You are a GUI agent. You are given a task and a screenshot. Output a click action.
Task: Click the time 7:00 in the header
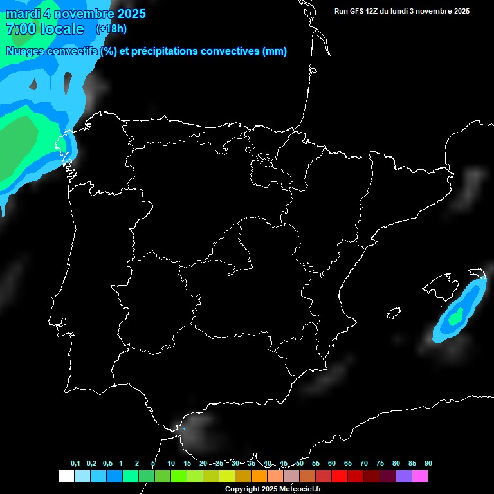pyautogui.click(x=19, y=29)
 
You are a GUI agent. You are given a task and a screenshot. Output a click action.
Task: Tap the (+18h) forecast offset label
pyautogui.click(x=111, y=28)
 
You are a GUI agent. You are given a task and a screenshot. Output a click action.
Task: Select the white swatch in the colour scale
pyautogui.click(x=66, y=477)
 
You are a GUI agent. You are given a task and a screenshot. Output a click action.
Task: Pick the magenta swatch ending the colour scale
pyautogui.click(x=420, y=477)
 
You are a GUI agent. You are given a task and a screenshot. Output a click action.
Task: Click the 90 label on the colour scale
pyautogui.click(x=428, y=463)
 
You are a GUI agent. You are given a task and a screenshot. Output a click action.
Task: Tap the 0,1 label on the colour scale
pyautogui.click(x=75, y=463)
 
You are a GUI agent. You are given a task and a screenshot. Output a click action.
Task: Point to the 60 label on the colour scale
pyautogui.click(x=332, y=463)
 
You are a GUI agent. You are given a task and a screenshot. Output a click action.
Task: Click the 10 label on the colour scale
pyautogui.click(x=171, y=463)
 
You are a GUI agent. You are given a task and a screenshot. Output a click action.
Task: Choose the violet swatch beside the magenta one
pyautogui.click(x=404, y=477)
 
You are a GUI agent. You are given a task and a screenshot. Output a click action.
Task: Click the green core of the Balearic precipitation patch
pyautogui.click(x=456, y=316)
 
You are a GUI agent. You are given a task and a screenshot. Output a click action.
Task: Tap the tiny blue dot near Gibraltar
pyautogui.click(x=184, y=428)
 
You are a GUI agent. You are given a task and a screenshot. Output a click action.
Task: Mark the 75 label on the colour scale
pyautogui.click(x=380, y=463)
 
